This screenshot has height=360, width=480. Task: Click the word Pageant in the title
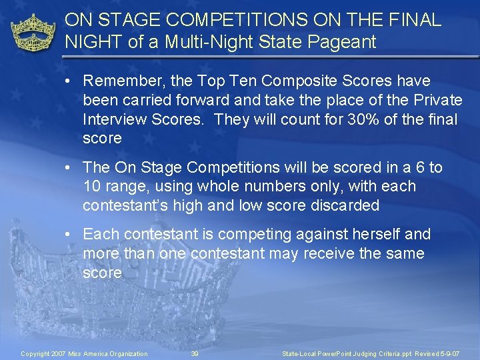346,43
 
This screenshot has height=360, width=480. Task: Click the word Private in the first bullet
437,101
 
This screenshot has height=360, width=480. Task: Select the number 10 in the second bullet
93,187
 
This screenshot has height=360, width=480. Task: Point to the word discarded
345,206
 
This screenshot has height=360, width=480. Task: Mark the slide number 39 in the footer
195,353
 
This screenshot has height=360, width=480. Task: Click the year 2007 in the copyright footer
59,353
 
